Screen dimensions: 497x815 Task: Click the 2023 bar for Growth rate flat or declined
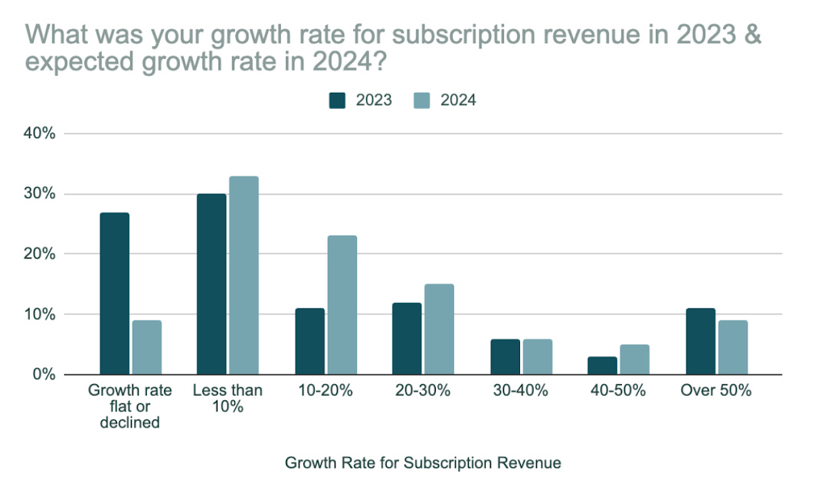(114, 294)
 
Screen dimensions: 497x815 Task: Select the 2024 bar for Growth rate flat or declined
(146, 347)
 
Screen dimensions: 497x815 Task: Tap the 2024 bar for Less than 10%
(244, 275)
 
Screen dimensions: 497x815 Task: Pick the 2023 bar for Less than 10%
(211, 285)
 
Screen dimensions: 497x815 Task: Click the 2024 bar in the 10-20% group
(342, 305)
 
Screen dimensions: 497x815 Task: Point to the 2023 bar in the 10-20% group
(309, 341)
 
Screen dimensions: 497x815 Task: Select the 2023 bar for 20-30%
(407, 338)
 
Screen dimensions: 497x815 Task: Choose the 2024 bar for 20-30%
(439, 329)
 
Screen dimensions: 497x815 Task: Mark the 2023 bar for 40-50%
(602, 365)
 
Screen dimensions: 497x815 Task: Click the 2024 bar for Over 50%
(732, 347)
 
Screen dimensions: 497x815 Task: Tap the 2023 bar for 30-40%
(505, 357)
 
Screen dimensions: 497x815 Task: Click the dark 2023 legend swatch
(339, 100)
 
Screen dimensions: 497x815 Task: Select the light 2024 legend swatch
(423, 100)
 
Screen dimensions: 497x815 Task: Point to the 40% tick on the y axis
(40, 133)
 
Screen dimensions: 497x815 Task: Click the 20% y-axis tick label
(40, 254)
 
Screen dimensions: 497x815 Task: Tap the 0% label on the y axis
(44, 374)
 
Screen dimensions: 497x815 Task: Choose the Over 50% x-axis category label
(716, 390)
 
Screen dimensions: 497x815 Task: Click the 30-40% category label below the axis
(520, 390)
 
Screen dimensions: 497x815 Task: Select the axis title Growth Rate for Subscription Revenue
(423, 463)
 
